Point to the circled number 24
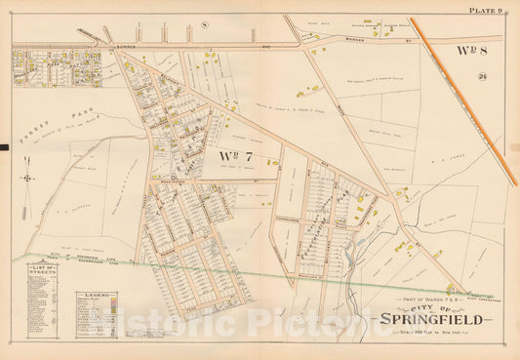coord(483,78)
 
